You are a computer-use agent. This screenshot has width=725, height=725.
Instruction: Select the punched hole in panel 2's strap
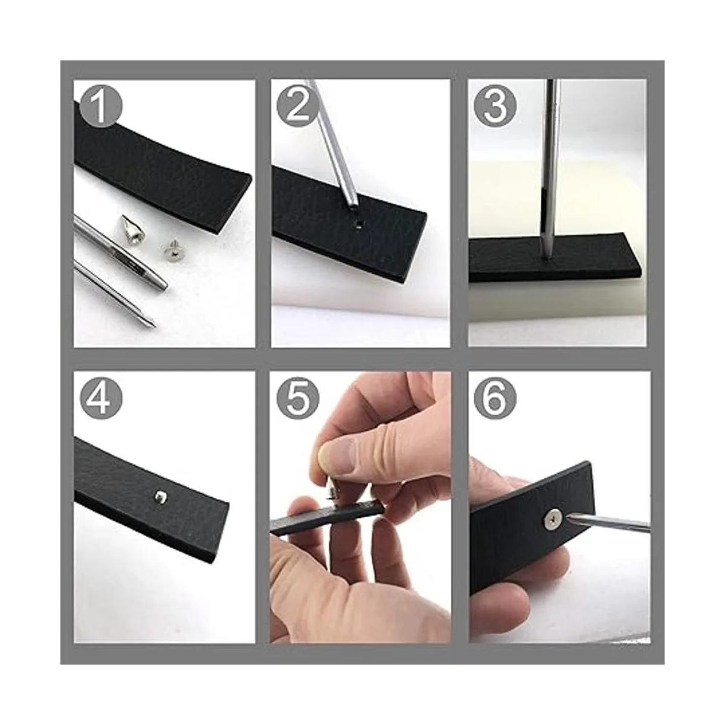click(x=358, y=226)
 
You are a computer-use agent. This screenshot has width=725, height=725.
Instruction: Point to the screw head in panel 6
click(x=554, y=521)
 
